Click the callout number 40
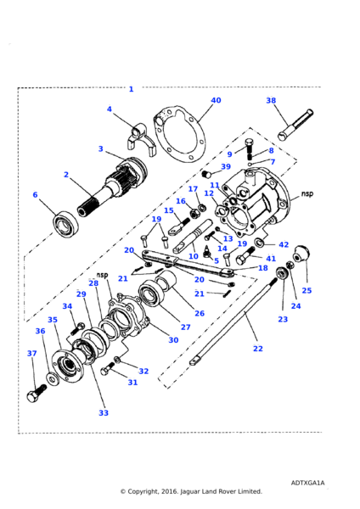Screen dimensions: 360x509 pyautogui.click(x=216, y=100)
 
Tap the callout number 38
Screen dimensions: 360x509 pyautogui.click(x=271, y=100)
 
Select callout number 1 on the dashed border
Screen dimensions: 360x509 pyautogui.click(x=131, y=89)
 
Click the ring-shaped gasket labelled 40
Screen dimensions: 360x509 pyautogui.click(x=180, y=134)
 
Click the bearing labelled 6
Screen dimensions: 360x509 pyautogui.click(x=66, y=224)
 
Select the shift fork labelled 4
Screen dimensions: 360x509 pyautogui.click(x=141, y=140)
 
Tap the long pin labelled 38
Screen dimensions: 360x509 pyautogui.click(x=295, y=125)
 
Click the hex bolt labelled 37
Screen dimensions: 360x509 pyautogui.click(x=37, y=393)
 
